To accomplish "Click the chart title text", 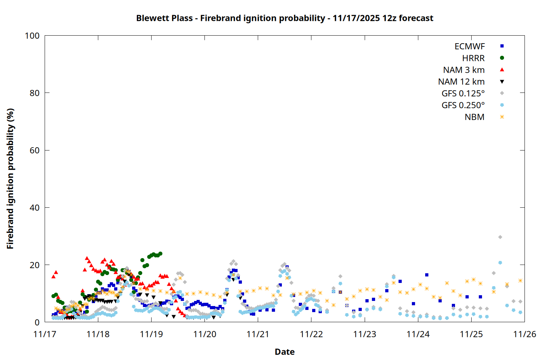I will click(284, 18).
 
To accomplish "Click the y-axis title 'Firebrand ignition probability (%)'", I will click(10, 179).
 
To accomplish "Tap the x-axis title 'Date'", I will click(284, 352).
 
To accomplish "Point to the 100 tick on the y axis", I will click(32, 36).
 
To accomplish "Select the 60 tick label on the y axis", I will click(35, 150).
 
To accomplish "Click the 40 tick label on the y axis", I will click(35, 208).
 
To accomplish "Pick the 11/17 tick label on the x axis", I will click(45, 334).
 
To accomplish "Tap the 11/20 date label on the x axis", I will click(205, 334).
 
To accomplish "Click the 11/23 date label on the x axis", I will click(365, 334).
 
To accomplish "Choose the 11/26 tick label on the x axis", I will click(525, 334).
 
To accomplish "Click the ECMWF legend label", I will click(469, 46).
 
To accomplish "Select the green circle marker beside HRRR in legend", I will click(502, 58).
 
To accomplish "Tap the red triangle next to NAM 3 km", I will click(502, 70).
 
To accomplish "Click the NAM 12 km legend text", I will click(461, 82).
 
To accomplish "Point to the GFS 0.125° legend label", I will click(463, 94).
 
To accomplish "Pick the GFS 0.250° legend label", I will click(463, 105).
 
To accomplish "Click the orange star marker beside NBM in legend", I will click(502, 117).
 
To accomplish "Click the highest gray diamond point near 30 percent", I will click(500, 237).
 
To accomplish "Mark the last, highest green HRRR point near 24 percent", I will click(160, 253).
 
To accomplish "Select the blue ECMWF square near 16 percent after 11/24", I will click(427, 275).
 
